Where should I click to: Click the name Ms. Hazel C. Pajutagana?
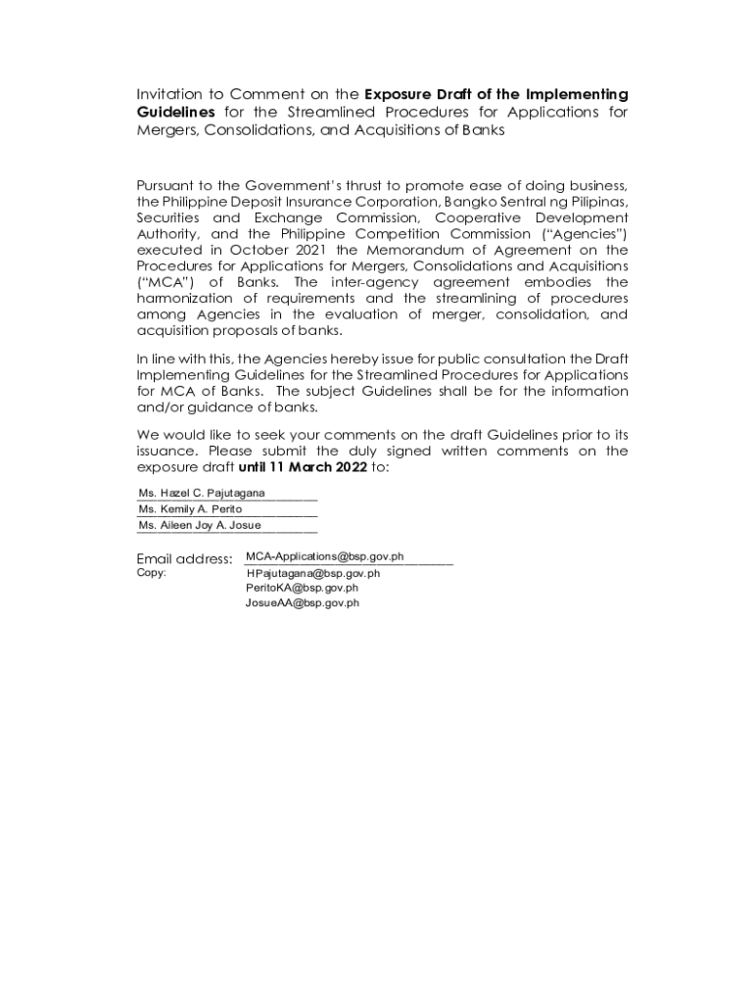[202, 492]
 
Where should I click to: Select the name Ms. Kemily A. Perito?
[191, 508]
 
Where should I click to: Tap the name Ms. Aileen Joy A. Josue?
[200, 525]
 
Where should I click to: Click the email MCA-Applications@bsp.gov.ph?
[324, 556]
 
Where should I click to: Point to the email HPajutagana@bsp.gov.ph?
[313, 573]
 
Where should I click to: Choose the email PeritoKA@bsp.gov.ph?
[302, 588]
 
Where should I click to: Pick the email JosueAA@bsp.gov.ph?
[302, 603]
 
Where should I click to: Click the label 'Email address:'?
[184, 559]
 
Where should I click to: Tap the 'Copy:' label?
[152, 573]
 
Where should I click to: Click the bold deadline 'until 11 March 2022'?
[302, 467]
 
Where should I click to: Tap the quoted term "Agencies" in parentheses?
[586, 234]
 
